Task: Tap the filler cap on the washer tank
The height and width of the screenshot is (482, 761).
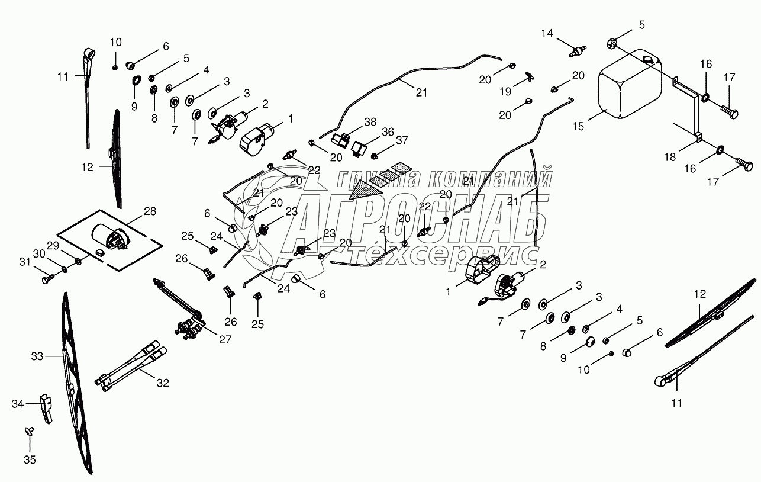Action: click(x=647, y=60)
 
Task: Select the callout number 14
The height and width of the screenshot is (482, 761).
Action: click(x=547, y=33)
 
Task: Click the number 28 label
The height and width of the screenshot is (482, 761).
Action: click(x=150, y=211)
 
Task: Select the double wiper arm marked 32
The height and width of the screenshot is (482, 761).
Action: click(x=131, y=367)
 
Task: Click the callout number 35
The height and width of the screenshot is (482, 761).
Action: click(x=30, y=460)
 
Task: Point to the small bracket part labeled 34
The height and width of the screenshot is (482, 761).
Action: click(x=47, y=409)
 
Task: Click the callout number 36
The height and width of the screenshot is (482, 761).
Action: click(x=388, y=132)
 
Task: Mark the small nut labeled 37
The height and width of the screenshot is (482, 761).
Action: click(x=375, y=156)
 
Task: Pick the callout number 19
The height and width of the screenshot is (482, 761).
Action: click(x=505, y=92)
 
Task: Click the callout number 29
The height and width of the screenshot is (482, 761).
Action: click(x=53, y=245)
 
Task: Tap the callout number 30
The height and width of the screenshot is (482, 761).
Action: click(x=39, y=253)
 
